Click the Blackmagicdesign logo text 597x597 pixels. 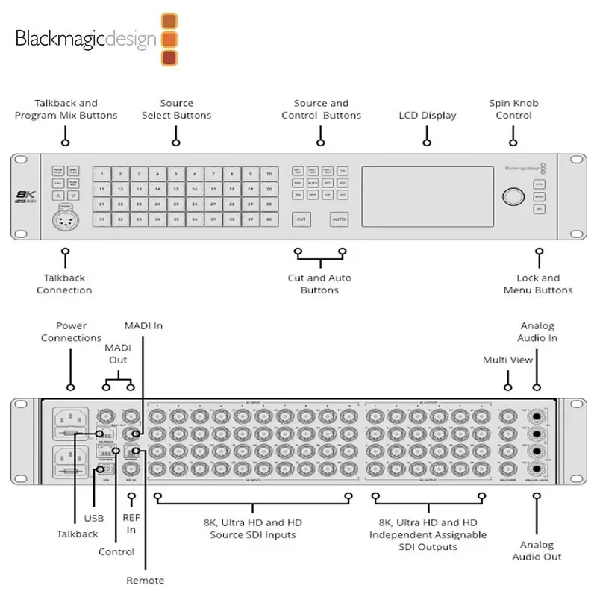[x=86, y=38]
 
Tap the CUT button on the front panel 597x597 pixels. [x=301, y=220]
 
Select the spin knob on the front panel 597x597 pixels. [x=513, y=196]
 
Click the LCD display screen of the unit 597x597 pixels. [x=428, y=196]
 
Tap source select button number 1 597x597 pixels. [x=101, y=173]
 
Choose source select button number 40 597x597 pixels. [x=267, y=219]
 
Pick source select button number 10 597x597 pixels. [x=267, y=173]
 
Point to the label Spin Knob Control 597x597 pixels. [x=513, y=110]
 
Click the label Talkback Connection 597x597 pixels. [x=65, y=284]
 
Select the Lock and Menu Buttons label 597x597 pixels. [x=538, y=284]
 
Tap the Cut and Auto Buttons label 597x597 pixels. [x=319, y=284]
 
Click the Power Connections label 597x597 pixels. [x=72, y=332]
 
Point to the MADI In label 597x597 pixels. [x=143, y=326]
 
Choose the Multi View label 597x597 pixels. [x=508, y=360]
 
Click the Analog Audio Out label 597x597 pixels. [x=537, y=551]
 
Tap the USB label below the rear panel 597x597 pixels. [x=94, y=518]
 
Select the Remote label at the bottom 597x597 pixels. [x=145, y=580]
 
